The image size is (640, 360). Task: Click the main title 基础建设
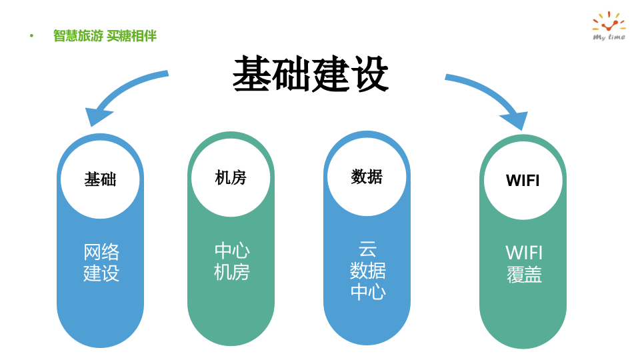(x=311, y=74)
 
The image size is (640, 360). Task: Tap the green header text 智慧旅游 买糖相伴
(x=105, y=36)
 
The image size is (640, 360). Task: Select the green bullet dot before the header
(x=31, y=36)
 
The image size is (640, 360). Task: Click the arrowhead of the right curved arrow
(x=516, y=120)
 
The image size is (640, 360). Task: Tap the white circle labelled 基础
(x=100, y=179)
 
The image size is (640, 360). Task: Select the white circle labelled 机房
(x=231, y=177)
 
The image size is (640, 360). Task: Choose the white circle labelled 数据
(x=367, y=177)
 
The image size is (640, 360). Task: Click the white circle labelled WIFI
(x=523, y=181)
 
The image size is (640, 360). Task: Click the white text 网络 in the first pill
(x=101, y=252)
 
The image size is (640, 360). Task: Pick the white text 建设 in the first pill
(x=101, y=273)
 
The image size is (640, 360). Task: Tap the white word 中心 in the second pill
(x=231, y=251)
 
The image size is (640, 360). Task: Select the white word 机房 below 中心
(x=231, y=272)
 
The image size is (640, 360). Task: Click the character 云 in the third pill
(x=367, y=249)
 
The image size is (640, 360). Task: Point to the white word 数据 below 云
(x=367, y=271)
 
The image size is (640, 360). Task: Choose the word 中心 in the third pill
(x=367, y=292)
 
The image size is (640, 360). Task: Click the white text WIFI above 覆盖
(x=524, y=253)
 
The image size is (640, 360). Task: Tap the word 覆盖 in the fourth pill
(x=524, y=275)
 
